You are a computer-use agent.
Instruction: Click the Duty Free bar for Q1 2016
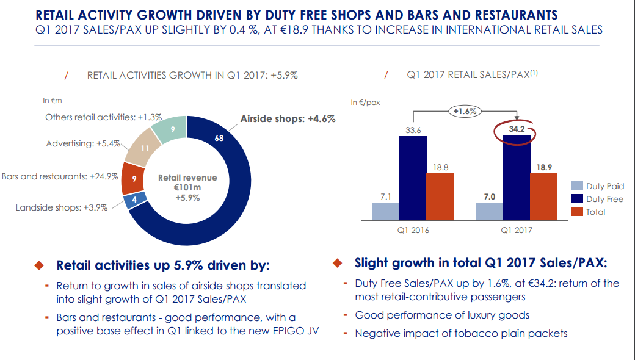click(413, 178)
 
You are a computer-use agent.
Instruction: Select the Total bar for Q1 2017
click(543, 196)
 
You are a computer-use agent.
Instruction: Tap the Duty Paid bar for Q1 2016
click(385, 211)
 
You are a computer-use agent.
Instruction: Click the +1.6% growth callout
click(465, 111)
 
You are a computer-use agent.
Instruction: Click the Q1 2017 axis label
click(517, 231)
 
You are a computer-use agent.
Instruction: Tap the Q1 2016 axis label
click(413, 231)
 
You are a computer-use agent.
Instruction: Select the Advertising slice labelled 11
click(145, 147)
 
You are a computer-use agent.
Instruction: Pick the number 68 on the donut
click(219, 139)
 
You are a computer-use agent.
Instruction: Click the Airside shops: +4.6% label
click(288, 119)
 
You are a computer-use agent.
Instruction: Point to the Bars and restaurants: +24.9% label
click(60, 177)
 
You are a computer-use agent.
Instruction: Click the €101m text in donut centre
click(187, 188)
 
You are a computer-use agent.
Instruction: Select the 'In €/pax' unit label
click(365, 103)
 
